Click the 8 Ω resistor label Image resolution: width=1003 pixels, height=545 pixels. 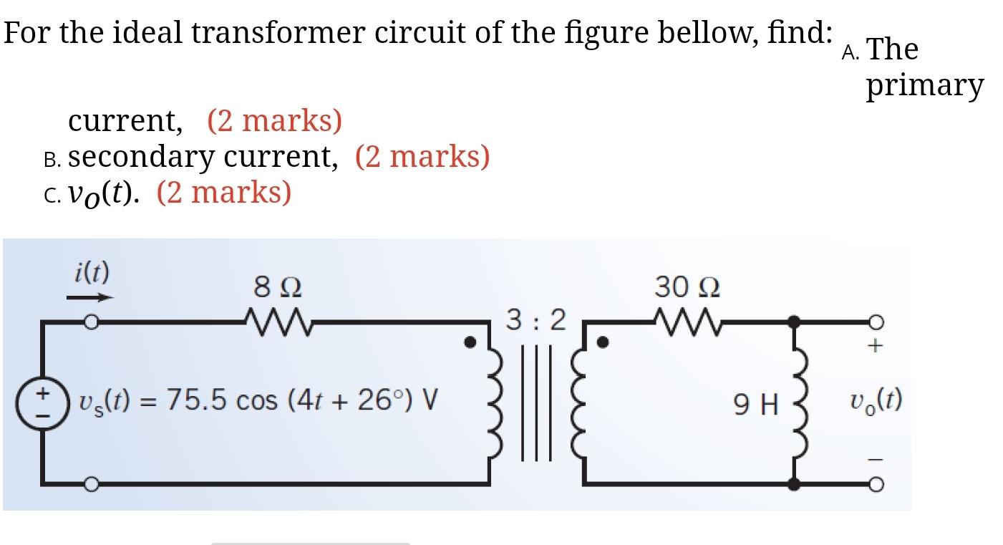(x=277, y=287)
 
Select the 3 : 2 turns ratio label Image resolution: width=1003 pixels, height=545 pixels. (x=536, y=319)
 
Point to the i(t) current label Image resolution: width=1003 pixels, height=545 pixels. (x=92, y=271)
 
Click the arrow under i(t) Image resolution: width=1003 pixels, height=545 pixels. (x=90, y=297)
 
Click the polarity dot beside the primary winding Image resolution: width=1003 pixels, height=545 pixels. (x=470, y=342)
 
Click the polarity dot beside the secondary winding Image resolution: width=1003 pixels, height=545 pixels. (x=603, y=342)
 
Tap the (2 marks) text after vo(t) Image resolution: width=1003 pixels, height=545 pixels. (x=223, y=192)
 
